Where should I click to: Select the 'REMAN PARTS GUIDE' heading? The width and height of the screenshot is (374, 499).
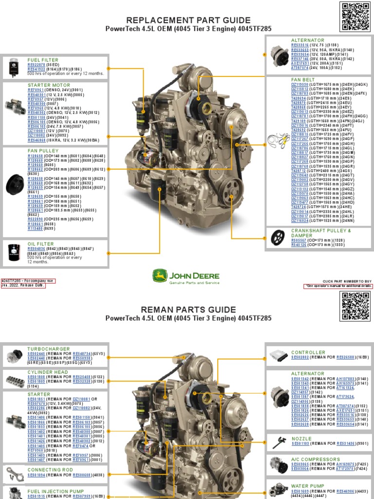(x=188, y=310)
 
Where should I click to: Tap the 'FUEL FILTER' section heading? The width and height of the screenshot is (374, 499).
(x=43, y=60)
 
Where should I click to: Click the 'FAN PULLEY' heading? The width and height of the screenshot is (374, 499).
(x=43, y=151)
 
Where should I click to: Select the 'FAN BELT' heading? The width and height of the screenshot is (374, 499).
(x=303, y=79)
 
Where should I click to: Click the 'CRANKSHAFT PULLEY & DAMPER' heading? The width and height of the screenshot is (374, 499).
(x=320, y=233)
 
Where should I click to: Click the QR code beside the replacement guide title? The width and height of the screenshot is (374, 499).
(x=357, y=17)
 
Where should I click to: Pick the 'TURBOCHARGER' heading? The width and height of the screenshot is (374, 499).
(x=49, y=349)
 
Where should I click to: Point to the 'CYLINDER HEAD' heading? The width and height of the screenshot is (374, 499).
(x=48, y=372)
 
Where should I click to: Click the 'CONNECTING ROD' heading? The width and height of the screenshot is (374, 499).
(x=50, y=470)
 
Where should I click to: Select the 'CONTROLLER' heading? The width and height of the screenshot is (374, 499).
(x=308, y=352)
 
